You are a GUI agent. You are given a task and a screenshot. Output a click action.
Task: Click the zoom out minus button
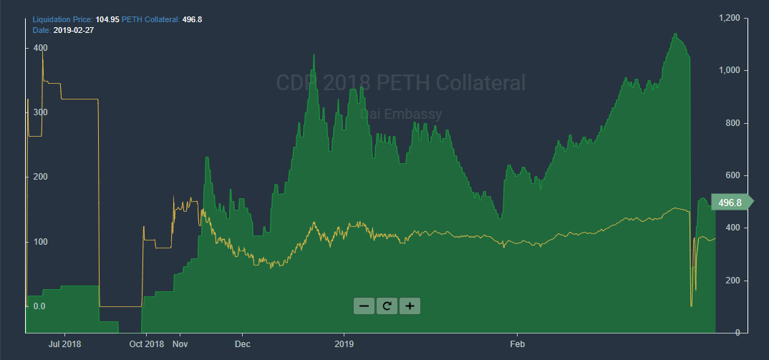click(364, 306)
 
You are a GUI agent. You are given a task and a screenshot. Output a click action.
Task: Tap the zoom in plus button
click(410, 306)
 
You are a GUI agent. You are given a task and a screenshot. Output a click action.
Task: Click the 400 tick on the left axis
click(41, 48)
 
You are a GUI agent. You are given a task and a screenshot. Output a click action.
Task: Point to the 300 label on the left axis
click(41, 113)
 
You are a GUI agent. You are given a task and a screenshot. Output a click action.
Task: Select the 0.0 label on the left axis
click(39, 306)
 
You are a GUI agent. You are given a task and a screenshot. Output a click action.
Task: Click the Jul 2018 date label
click(64, 344)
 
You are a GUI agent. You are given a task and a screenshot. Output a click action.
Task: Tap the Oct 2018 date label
click(147, 344)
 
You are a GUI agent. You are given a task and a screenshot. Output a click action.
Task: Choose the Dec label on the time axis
click(242, 344)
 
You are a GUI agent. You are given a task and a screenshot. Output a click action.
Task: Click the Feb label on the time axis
click(517, 344)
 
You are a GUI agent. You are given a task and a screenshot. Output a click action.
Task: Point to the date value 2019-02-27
click(74, 30)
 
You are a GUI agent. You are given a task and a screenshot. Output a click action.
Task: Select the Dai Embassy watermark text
click(400, 114)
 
